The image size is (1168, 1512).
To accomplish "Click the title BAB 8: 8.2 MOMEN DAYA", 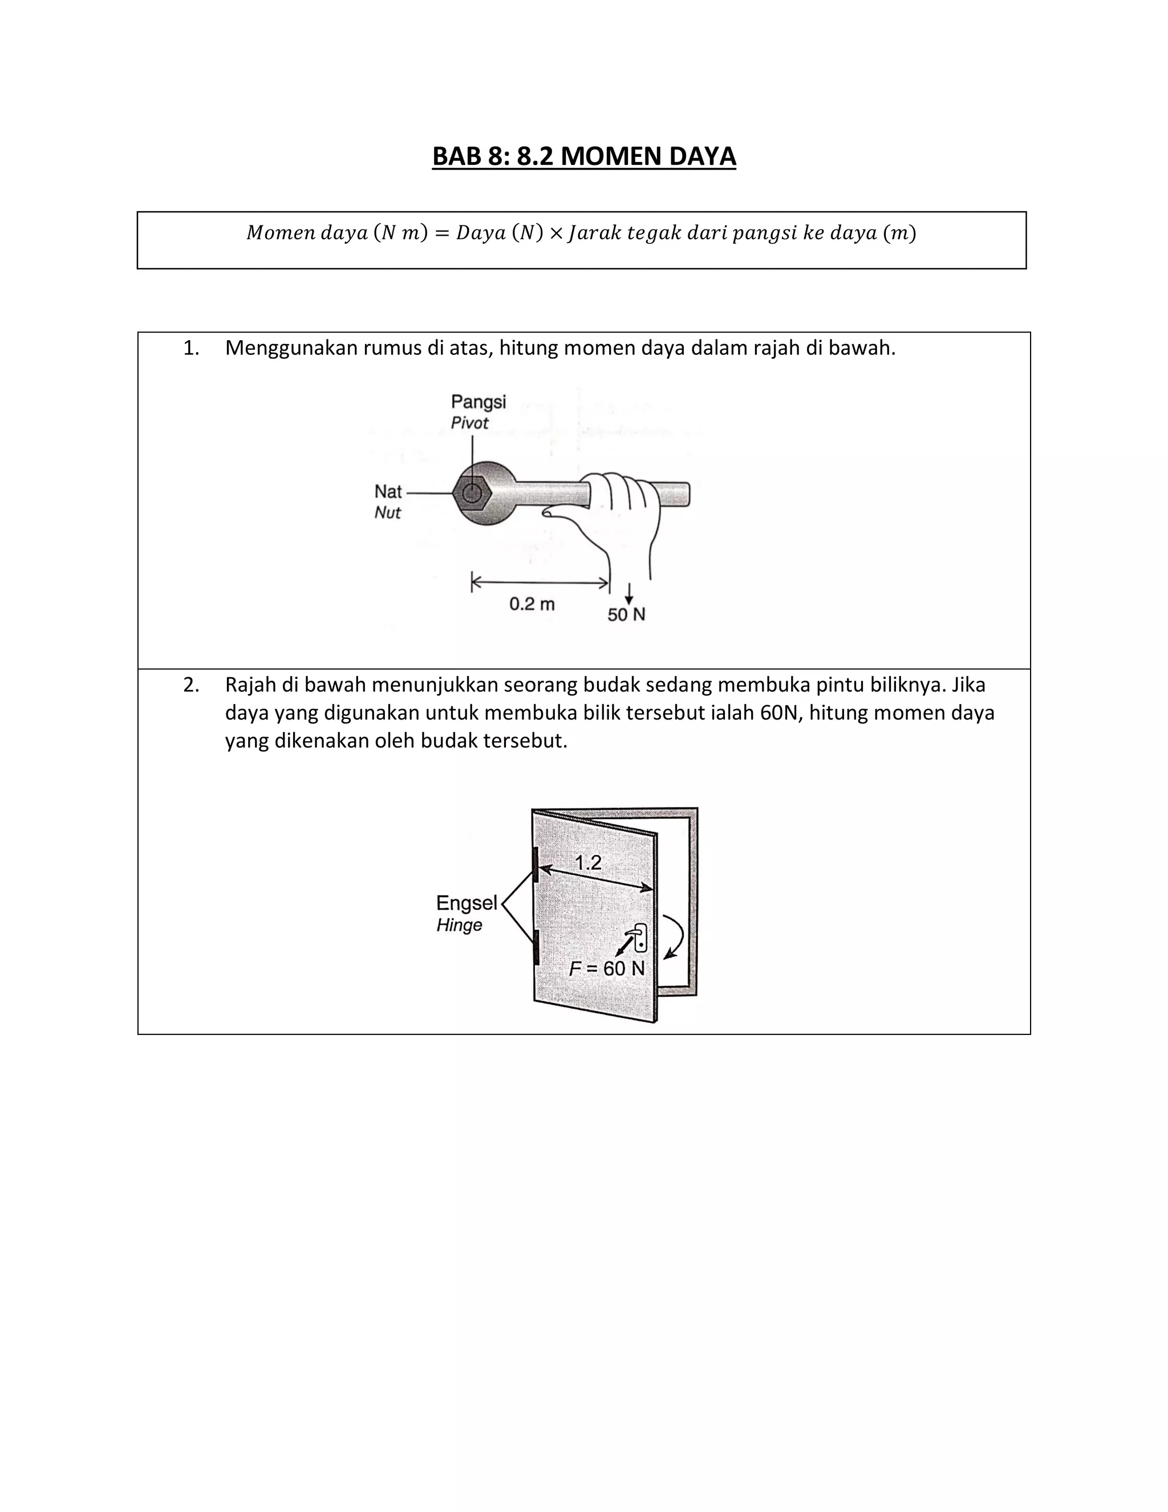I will [x=583, y=156].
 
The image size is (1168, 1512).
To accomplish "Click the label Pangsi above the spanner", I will [x=478, y=402].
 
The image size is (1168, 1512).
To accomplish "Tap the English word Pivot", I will [x=469, y=423].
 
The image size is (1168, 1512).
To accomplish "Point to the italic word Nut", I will [x=387, y=512].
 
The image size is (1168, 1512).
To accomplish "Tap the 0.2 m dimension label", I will [x=532, y=604].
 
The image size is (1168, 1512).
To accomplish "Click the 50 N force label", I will [x=626, y=614].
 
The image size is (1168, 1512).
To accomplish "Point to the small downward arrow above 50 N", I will [x=629, y=593].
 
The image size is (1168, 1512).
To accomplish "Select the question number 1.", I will [x=191, y=348].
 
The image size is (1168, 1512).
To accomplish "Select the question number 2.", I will [x=191, y=685].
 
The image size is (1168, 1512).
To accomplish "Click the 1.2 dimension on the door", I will [x=588, y=863].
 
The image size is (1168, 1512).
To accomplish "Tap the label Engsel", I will [x=467, y=903].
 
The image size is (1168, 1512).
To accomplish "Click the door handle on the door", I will [x=640, y=937].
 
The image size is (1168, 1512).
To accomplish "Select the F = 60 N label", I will [x=607, y=969].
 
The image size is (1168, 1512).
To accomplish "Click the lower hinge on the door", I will [x=535, y=947].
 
